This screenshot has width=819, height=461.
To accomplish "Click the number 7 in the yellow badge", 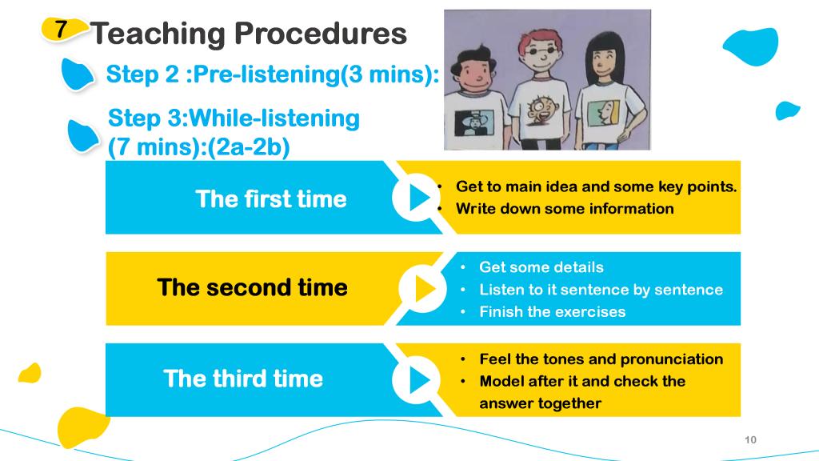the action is pyautogui.click(x=61, y=30).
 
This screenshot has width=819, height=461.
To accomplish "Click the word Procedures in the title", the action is pyautogui.click(x=320, y=34).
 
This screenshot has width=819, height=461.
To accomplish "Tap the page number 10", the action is pyautogui.click(x=750, y=439).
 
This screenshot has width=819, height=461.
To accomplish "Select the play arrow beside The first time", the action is pyautogui.click(x=419, y=198).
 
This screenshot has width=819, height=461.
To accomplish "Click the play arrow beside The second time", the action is pyautogui.click(x=425, y=288).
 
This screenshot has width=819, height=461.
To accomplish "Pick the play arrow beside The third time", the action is pyautogui.click(x=419, y=379).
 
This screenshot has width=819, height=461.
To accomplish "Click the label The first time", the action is pyautogui.click(x=271, y=198).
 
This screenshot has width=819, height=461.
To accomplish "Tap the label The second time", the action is pyautogui.click(x=252, y=287).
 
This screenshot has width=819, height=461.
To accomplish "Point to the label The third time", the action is pyautogui.click(x=243, y=379).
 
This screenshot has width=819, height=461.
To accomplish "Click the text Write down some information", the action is pyautogui.click(x=565, y=209).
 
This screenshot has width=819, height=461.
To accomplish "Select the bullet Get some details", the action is pyautogui.click(x=541, y=267).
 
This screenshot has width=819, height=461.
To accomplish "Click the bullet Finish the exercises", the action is pyautogui.click(x=552, y=311).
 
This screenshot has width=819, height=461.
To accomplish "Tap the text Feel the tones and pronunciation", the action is pyautogui.click(x=601, y=359).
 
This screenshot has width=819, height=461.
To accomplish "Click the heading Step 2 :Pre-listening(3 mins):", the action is pyautogui.click(x=273, y=74).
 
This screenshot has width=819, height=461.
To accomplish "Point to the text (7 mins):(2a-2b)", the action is pyautogui.click(x=198, y=147).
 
